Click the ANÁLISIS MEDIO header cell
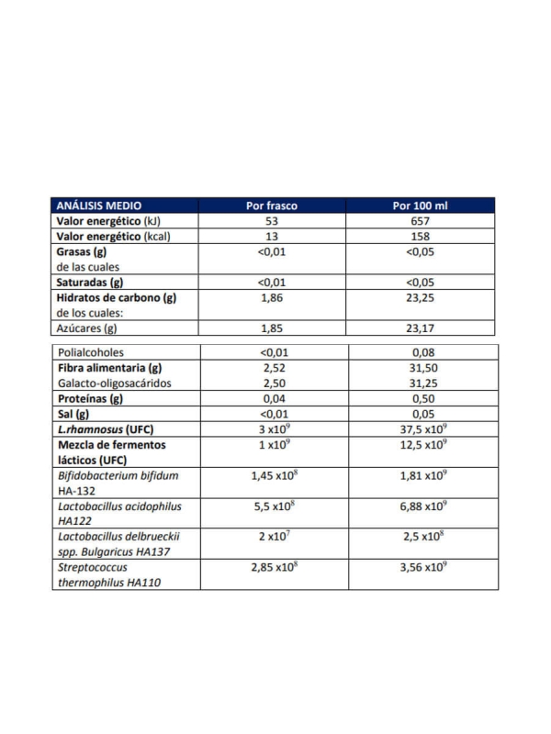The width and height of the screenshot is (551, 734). coord(99,206)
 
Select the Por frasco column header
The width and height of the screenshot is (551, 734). coord(272,206)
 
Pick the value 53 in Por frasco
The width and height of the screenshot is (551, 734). coord(272,221)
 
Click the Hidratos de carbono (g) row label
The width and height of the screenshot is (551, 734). coord(116,297)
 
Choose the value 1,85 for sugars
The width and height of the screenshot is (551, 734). coord(272,328)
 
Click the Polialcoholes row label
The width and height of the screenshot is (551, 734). coord(91,352)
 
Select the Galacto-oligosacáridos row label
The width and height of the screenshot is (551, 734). coord(115,383)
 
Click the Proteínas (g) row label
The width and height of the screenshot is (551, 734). coord(90,399)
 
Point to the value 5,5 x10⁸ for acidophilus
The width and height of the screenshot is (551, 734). coord(272,507)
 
